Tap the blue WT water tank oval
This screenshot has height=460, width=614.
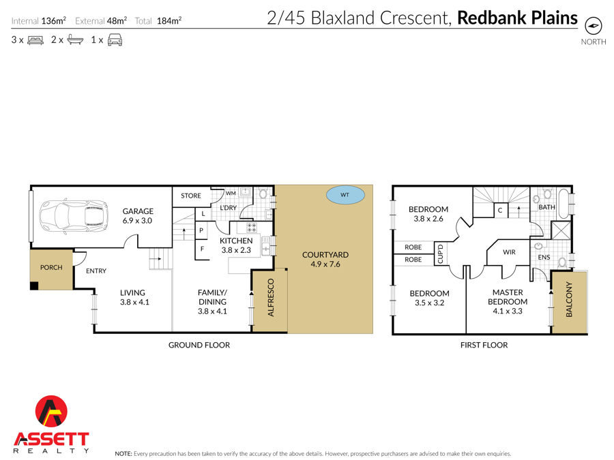click(345, 195)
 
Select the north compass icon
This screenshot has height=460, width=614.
click(594, 26)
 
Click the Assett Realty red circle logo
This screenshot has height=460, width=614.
click(51, 411)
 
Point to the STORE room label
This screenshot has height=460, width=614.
click(191, 196)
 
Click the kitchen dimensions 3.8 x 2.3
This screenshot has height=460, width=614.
click(236, 250)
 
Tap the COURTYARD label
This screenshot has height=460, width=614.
click(325, 255)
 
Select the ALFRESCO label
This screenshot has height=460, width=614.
click(271, 297)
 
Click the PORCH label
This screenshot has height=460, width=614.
click(51, 268)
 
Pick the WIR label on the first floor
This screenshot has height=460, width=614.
click(509, 252)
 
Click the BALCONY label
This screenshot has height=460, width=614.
click(569, 299)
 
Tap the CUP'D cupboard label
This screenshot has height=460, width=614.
click(440, 254)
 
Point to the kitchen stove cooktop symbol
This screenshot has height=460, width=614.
click(251, 227)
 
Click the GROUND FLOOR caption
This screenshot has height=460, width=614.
click(199, 345)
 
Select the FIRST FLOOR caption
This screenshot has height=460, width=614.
click(484, 345)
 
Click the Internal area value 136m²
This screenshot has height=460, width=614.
click(54, 20)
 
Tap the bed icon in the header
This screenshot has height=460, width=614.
click(35, 40)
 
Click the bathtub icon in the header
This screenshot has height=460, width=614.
click(75, 40)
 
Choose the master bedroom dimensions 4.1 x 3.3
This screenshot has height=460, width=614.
click(508, 311)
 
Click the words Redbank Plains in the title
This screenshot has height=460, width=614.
click(517, 18)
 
